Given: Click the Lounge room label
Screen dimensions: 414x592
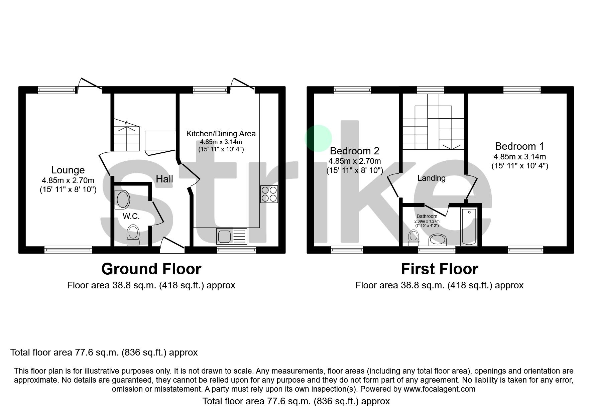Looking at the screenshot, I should [68, 170].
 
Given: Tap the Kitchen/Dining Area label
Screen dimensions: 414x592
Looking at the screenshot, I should [221, 134].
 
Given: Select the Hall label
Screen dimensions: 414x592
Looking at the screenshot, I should [164, 179].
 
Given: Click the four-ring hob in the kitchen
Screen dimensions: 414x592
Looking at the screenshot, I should [269, 194].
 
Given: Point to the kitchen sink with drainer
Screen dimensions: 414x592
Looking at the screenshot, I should [231, 236].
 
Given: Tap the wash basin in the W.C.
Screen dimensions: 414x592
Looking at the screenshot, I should [122, 199].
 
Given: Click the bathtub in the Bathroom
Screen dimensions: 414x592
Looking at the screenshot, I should [469, 226].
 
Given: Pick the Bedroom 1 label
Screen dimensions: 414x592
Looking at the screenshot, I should [519, 146].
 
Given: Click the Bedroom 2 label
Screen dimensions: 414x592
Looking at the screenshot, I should [354, 151].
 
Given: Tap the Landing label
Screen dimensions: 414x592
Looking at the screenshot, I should [431, 178].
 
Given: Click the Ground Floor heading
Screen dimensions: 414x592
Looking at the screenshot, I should [151, 269].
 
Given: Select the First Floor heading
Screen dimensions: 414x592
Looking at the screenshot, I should [439, 269].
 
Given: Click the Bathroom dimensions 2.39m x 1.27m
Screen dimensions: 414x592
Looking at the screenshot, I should [427, 221].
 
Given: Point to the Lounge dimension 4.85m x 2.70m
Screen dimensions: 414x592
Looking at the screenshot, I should [68, 180].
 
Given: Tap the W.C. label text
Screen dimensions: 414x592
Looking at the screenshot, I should [131, 216].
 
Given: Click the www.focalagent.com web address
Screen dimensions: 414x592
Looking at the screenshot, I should [439, 389].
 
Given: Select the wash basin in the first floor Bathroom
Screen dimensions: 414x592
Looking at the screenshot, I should [438, 240].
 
